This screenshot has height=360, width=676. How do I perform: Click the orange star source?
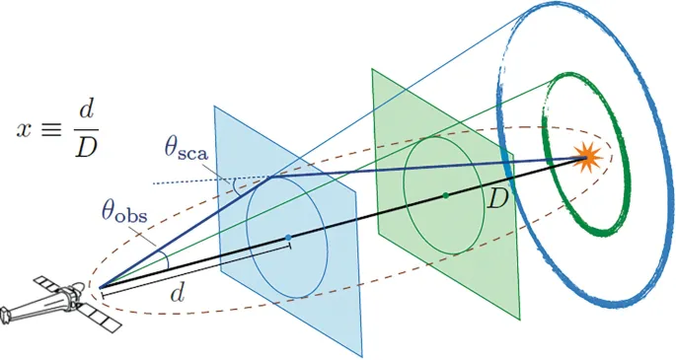click(x=589, y=156)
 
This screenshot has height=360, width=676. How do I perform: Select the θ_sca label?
click(x=191, y=149)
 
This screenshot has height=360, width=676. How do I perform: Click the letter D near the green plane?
click(x=499, y=197)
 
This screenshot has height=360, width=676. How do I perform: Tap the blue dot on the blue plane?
click(x=287, y=238)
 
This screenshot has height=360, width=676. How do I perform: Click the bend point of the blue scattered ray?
click(x=269, y=179)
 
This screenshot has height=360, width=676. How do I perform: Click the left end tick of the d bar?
click(x=103, y=291)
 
